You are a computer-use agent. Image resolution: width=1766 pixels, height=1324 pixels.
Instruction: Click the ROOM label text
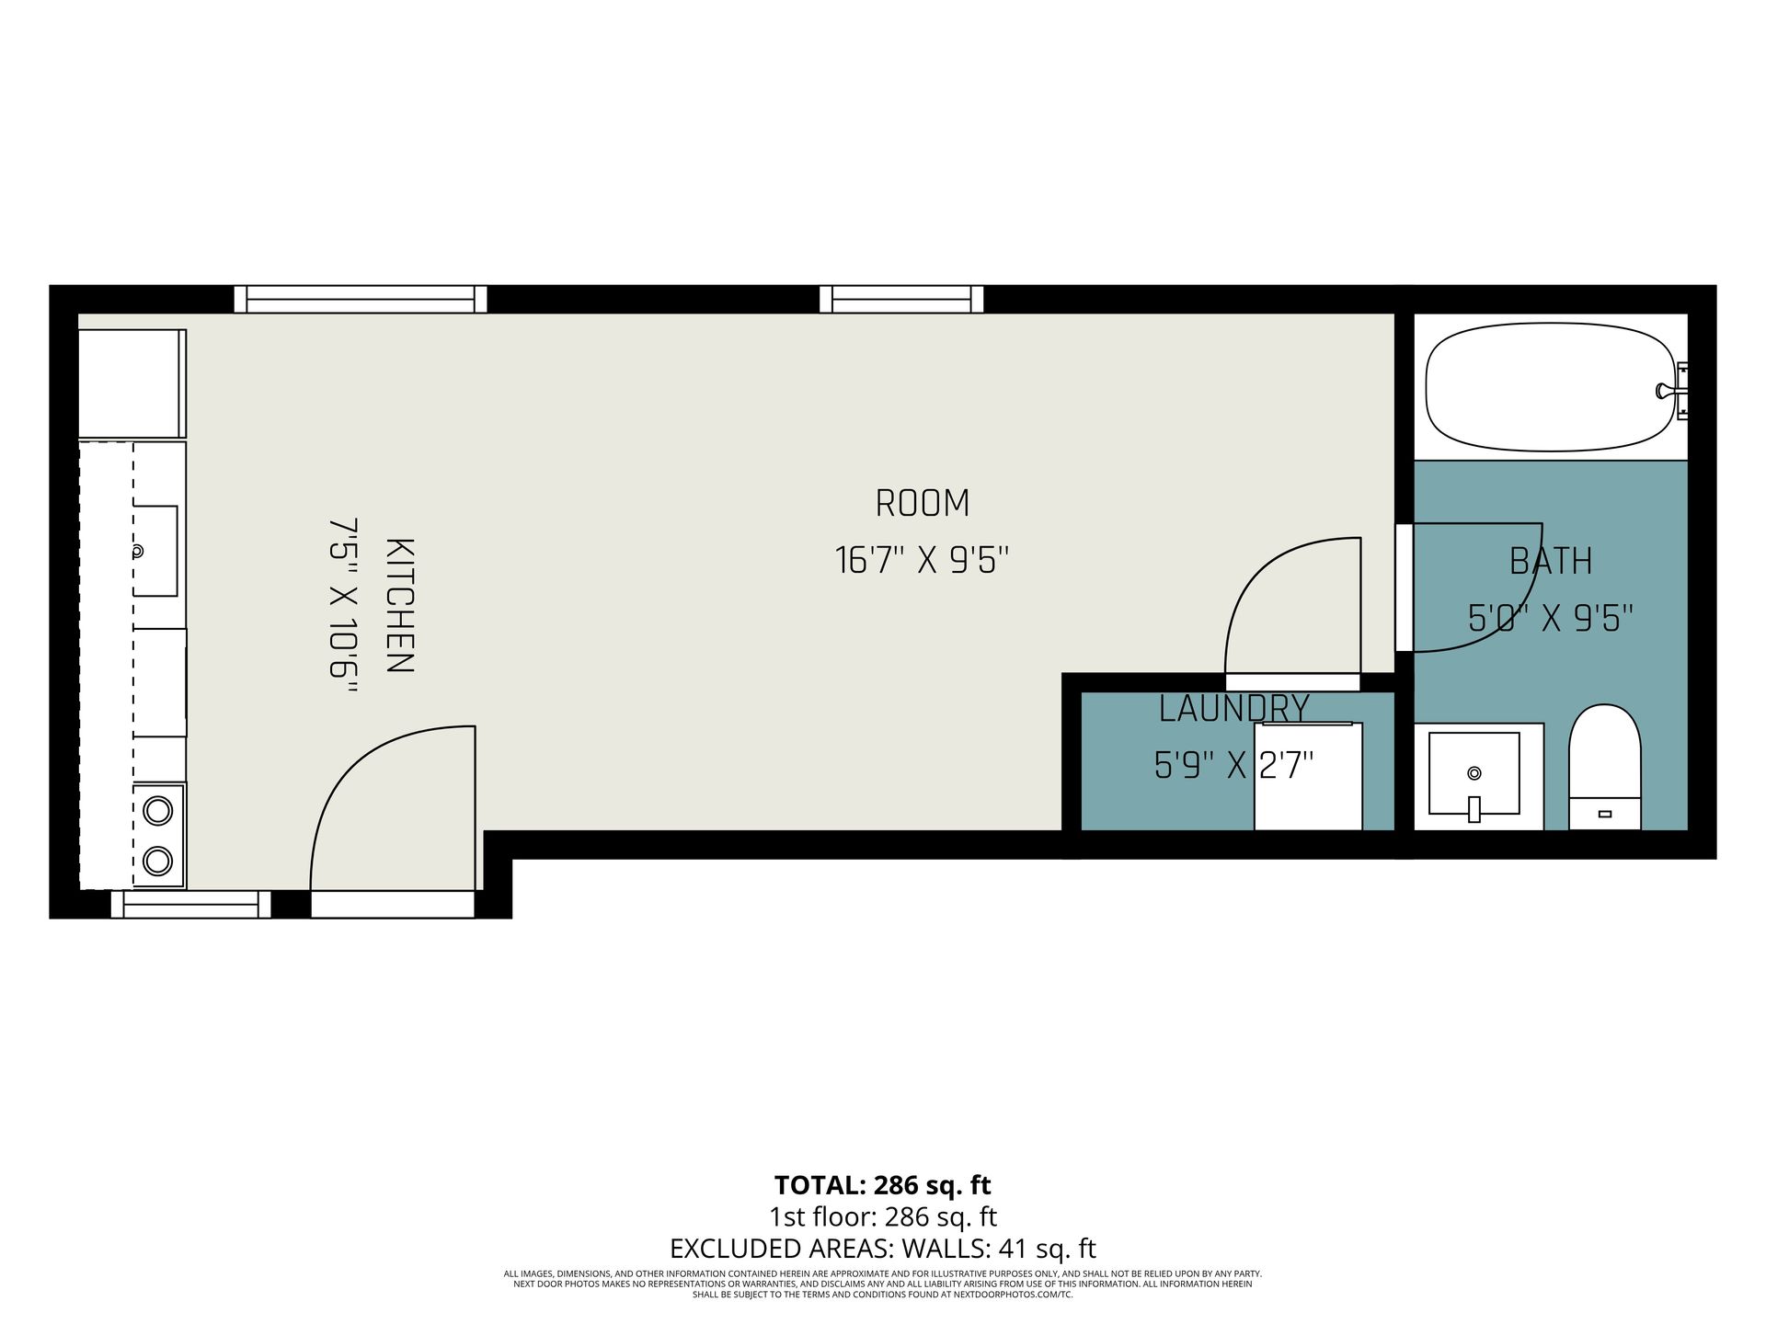click(923, 504)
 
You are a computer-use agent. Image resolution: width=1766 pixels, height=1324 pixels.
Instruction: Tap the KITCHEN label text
click(398, 606)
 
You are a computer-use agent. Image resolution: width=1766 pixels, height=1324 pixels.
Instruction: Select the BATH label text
click(1551, 561)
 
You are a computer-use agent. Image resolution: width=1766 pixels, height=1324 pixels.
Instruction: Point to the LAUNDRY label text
click(1233, 709)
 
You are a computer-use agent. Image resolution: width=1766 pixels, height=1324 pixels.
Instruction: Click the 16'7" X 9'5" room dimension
click(923, 560)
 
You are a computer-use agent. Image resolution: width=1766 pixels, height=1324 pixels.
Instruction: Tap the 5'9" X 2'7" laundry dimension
click(1233, 765)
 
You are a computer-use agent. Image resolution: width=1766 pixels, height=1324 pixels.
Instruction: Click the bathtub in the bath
click(1553, 386)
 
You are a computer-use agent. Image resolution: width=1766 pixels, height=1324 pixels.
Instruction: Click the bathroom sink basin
click(1474, 773)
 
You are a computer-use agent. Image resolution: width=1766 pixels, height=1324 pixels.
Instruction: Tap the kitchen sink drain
click(137, 552)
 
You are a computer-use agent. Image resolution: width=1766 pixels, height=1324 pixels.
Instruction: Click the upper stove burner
click(158, 811)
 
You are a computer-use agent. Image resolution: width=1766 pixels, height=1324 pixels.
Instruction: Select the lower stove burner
click(158, 861)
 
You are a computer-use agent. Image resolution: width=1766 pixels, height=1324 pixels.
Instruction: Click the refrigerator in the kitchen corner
click(132, 383)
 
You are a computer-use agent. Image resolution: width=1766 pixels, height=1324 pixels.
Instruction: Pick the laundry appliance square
click(1308, 776)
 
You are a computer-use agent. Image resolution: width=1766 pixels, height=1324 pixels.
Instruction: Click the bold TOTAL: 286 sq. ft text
click(883, 1184)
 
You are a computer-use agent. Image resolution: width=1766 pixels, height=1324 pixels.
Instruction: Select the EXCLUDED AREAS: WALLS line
click(883, 1249)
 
